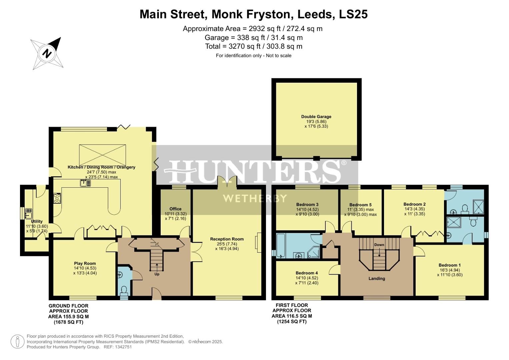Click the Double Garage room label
coord(316,117)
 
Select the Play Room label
coord(85,263)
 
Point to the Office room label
coord(175,209)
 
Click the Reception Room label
coord(227,239)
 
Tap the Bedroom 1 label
coord(450,265)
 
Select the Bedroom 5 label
coord(360,205)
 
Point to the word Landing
coord(377,279)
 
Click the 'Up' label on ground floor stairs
coord(157,274)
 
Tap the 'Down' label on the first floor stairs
coord(379,245)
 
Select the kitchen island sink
coord(83,183)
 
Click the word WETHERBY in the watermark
coord(255,199)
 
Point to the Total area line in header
coord(254,46)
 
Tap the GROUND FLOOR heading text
coord(68,306)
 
